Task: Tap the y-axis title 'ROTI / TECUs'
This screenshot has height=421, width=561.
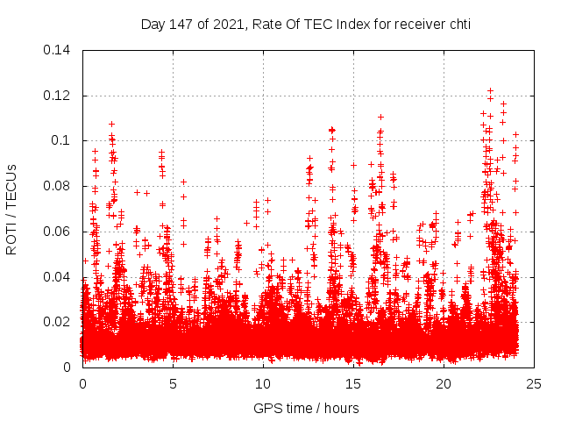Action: click(11, 208)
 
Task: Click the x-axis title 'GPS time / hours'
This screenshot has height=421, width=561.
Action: click(306, 408)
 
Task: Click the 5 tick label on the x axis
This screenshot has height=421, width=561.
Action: click(174, 383)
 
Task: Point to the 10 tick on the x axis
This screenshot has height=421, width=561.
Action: click(263, 383)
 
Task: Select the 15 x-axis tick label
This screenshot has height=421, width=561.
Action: click(353, 383)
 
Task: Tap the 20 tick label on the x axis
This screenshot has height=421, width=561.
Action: click(444, 383)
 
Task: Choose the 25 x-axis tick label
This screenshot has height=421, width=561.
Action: click(534, 383)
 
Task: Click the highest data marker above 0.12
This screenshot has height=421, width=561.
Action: click(490, 90)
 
